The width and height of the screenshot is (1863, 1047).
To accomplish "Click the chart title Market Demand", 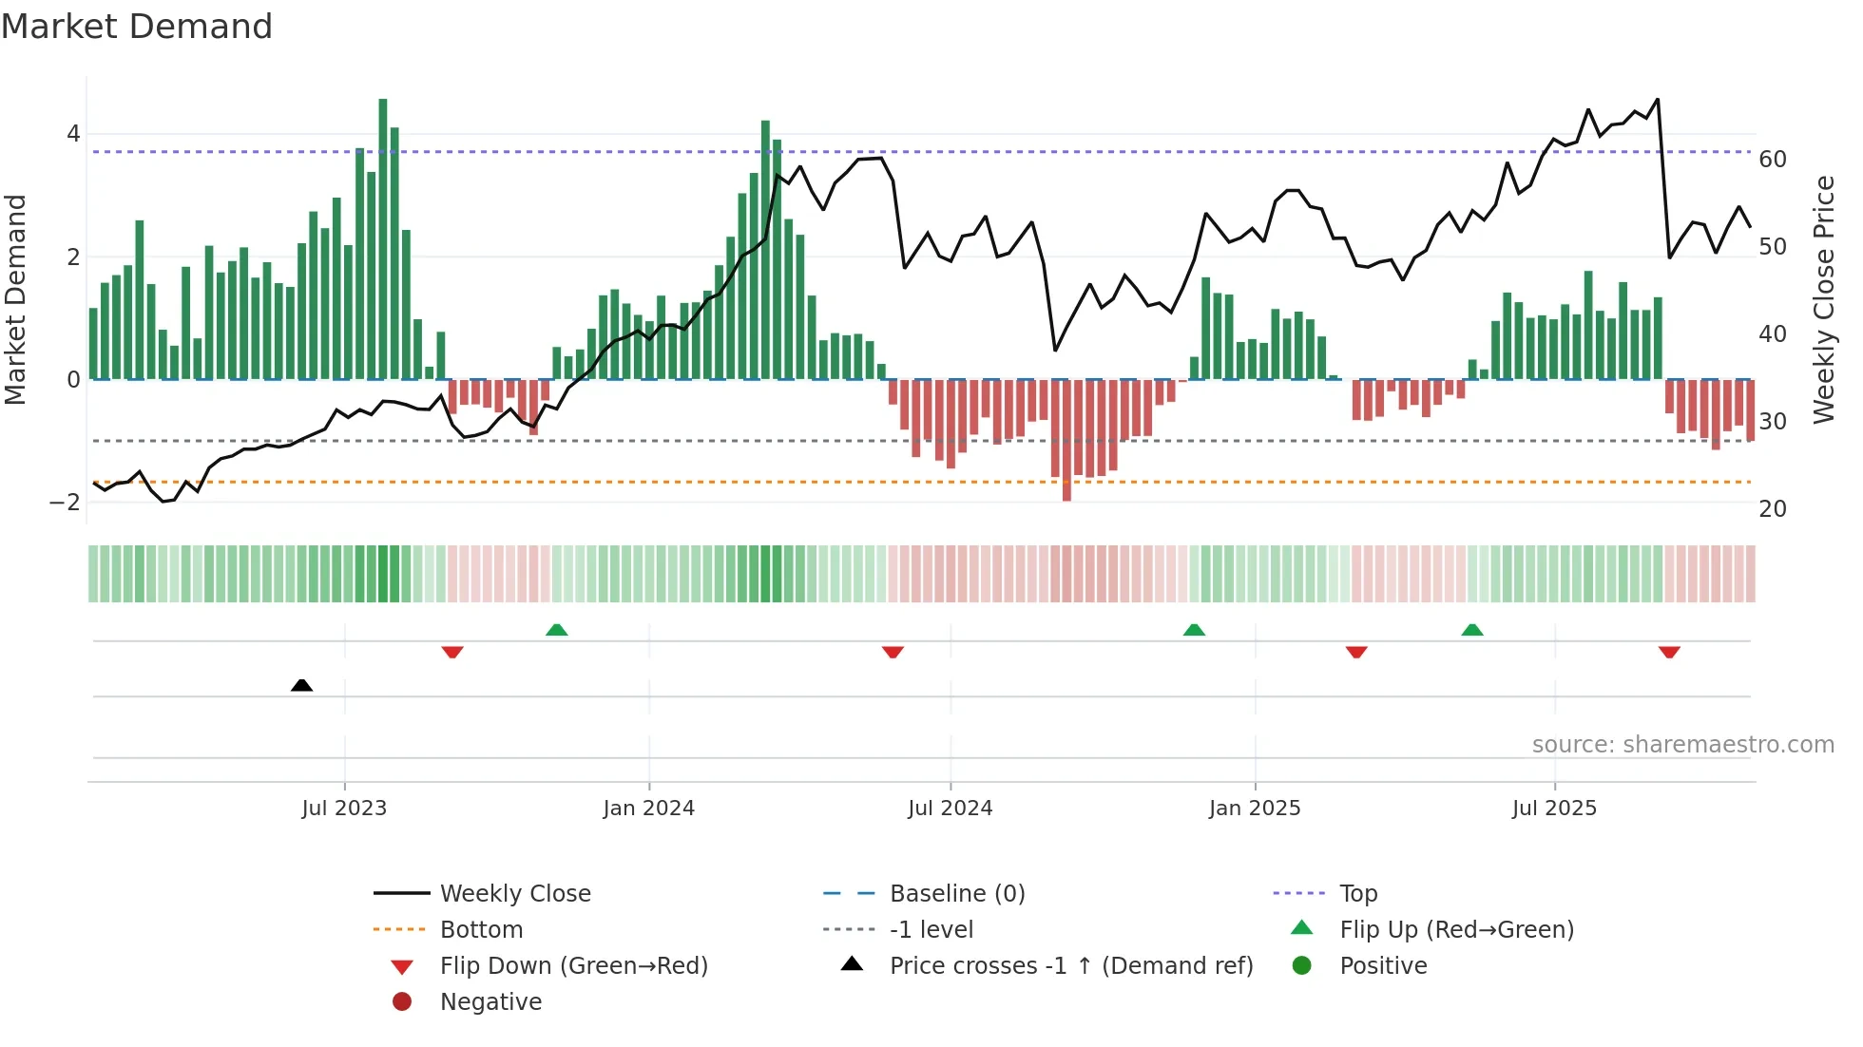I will coord(137,27).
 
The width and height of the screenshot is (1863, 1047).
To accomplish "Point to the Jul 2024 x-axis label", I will coord(950,809).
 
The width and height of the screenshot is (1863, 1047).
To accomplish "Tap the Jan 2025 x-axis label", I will coord(1254,809).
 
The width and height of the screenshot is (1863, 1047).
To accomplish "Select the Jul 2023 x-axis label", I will coord(344,809).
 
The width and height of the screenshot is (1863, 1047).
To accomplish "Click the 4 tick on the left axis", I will coord(73,134).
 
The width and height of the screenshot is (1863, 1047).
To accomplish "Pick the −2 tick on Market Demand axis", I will coord(65,503).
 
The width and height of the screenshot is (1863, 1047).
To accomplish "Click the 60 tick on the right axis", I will coord(1772,160).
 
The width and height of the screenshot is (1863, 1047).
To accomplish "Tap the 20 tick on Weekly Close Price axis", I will coord(1772,509).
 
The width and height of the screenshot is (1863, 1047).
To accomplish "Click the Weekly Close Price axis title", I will coord(1823,299).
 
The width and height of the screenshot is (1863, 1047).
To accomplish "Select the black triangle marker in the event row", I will coord(301,685).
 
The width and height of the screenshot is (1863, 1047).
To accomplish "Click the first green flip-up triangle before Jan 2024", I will coord(557,630).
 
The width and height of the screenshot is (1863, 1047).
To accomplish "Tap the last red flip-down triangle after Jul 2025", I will coord(1669,652).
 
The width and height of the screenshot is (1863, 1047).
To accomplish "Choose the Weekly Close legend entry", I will coord(514,894).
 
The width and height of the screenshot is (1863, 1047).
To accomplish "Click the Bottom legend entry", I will coord(481,930).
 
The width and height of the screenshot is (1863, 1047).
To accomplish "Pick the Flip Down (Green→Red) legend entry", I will coord(573,966).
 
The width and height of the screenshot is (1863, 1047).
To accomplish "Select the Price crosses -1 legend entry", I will coord(1070,966).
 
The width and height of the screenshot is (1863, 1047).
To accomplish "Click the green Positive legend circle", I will coord(1302,966).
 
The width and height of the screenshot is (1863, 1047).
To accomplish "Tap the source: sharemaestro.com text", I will coord(1682,745).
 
